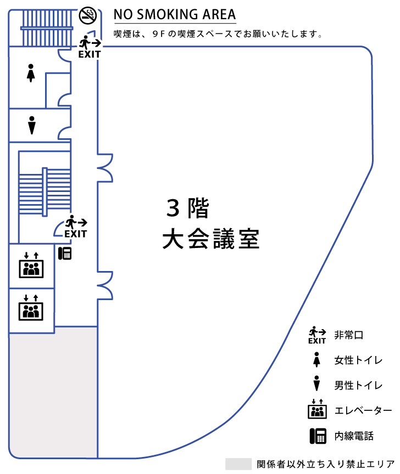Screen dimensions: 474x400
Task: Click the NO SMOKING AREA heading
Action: (175, 14)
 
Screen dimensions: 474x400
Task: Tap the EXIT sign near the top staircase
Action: (89, 47)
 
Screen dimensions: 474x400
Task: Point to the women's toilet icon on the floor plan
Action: (31, 73)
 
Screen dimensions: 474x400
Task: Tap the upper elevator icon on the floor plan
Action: (31, 266)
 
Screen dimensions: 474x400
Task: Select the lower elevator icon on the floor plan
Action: (31, 308)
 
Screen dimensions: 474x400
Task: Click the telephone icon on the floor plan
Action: (65, 253)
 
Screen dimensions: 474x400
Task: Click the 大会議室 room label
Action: (210, 240)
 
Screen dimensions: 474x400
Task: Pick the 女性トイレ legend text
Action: (358, 360)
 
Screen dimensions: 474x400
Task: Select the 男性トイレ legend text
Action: (358, 385)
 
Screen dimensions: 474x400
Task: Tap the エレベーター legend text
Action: (363, 411)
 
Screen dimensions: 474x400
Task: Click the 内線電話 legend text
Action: (354, 436)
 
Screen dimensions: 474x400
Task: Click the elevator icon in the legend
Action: (317, 409)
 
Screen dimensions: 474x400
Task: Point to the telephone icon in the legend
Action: (317, 436)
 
